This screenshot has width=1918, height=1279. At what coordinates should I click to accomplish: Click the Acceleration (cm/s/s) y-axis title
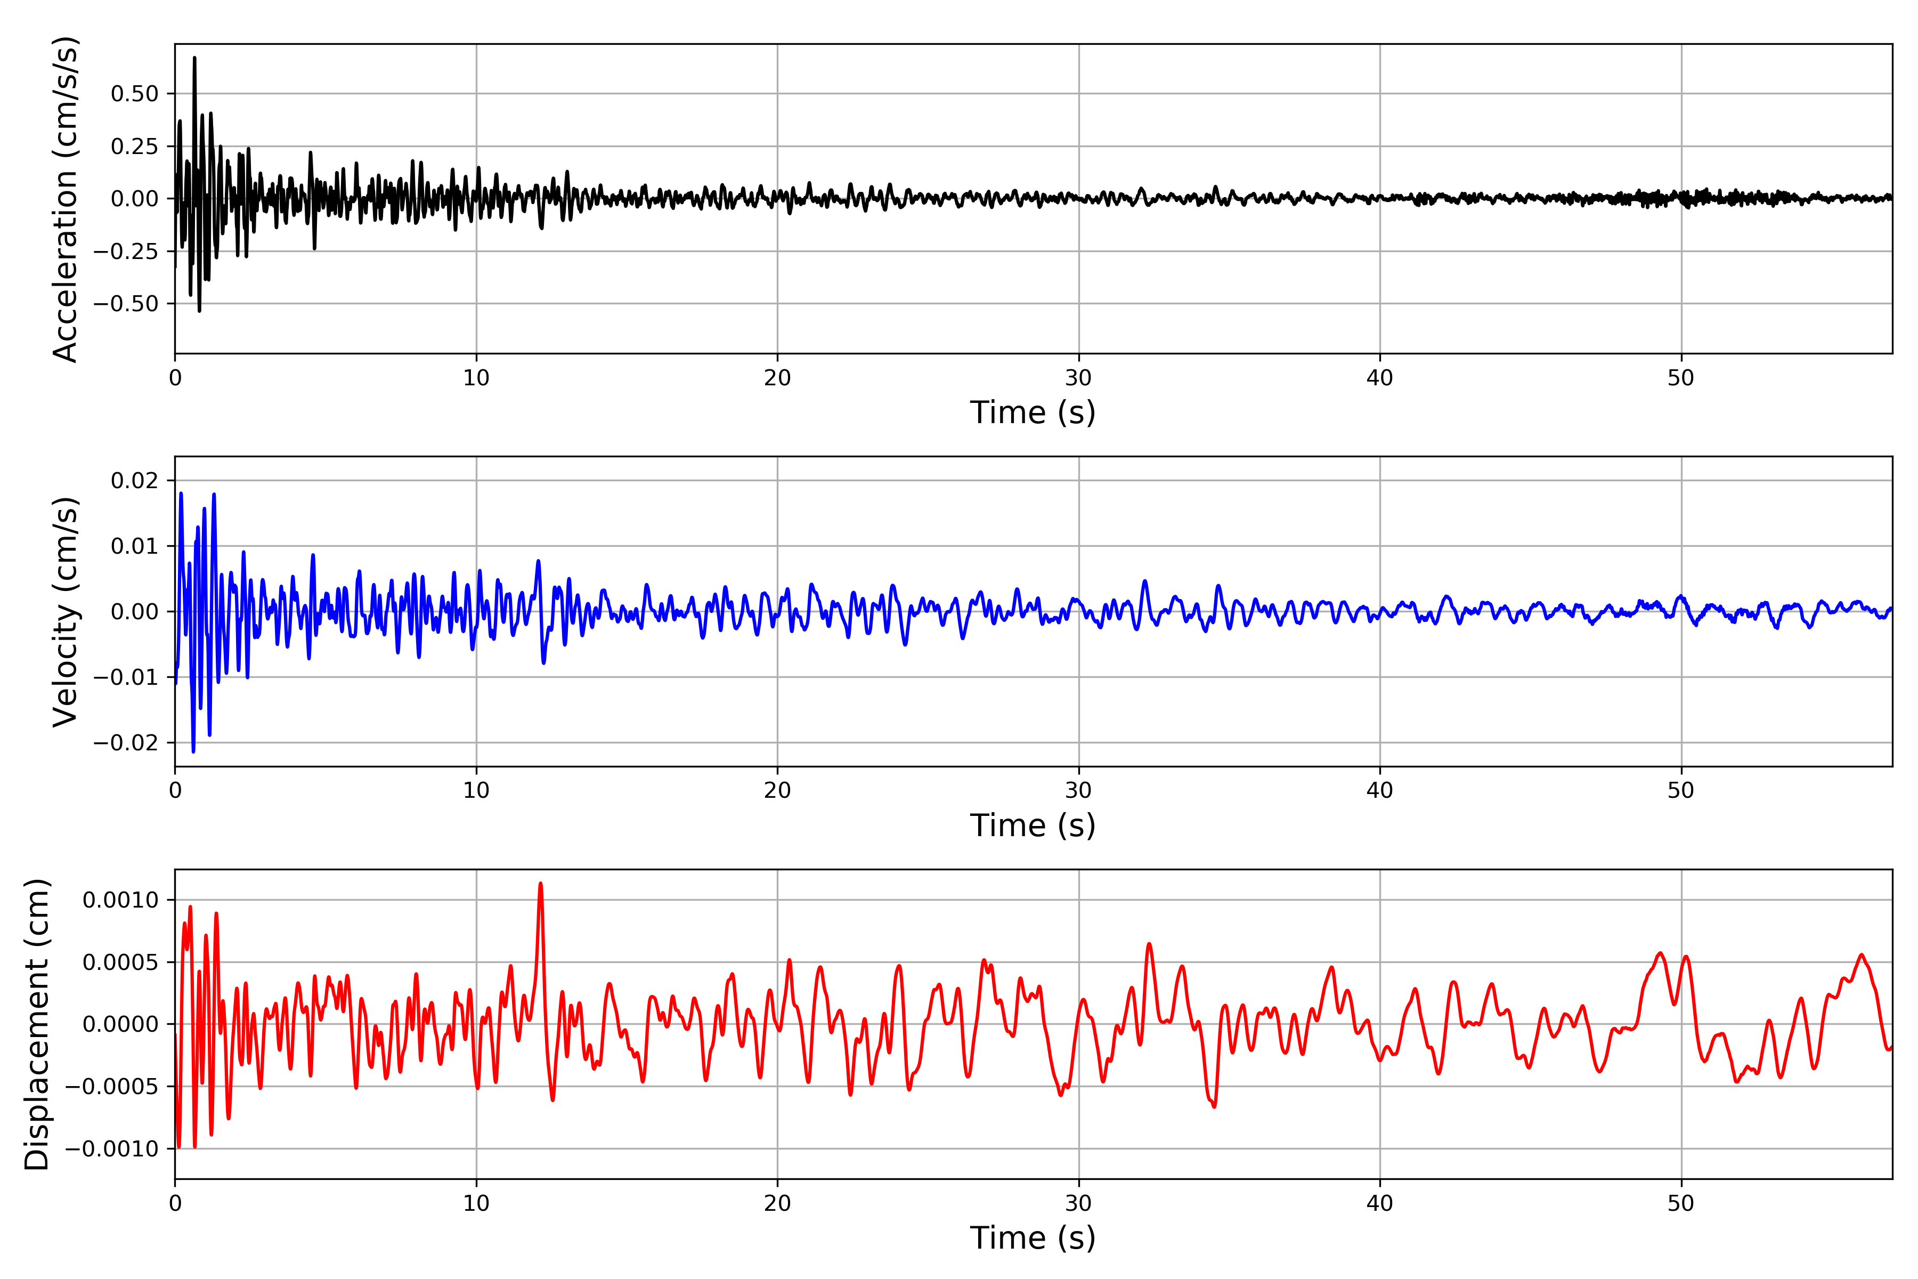pyautogui.click(x=65, y=199)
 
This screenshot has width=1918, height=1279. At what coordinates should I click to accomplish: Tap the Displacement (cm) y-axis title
pyautogui.click(x=37, y=1024)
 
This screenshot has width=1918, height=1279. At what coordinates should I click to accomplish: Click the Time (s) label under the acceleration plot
pyautogui.click(x=1033, y=412)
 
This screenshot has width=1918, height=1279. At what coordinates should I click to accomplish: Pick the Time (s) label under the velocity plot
pyautogui.click(x=1033, y=825)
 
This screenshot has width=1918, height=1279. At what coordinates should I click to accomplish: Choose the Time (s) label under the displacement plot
pyautogui.click(x=1033, y=1238)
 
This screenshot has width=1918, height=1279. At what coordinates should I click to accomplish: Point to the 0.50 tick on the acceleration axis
pyautogui.click(x=135, y=94)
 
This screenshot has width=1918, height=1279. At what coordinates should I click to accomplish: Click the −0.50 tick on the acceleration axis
pyautogui.click(x=126, y=303)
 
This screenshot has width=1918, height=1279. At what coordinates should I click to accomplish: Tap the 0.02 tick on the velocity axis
pyautogui.click(x=135, y=481)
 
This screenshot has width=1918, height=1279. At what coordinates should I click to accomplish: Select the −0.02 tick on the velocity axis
pyautogui.click(x=126, y=742)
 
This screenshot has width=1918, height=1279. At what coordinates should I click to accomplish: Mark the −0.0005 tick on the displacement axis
pyautogui.click(x=112, y=1087)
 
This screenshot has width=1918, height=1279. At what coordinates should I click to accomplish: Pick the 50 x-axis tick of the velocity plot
pyautogui.click(x=1681, y=790)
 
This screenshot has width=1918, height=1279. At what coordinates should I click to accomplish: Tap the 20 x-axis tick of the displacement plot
pyautogui.click(x=777, y=1203)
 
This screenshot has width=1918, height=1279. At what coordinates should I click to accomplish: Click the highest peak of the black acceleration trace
pyautogui.click(x=194, y=58)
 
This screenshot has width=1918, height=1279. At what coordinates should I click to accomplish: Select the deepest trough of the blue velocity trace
pyautogui.click(x=193, y=751)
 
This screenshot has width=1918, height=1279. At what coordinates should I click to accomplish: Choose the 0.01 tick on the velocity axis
pyautogui.click(x=135, y=546)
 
